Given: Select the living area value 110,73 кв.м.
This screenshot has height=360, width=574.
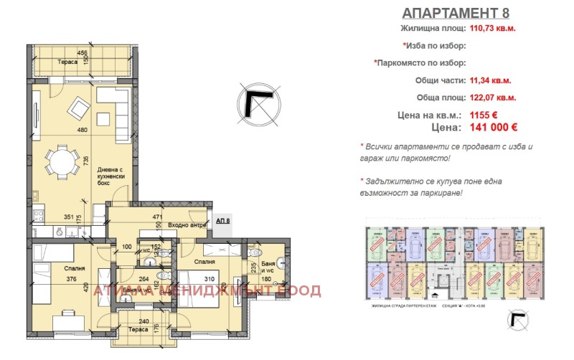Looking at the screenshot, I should click(492, 29).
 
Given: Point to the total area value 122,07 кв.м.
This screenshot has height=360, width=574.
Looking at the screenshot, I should click(492, 98).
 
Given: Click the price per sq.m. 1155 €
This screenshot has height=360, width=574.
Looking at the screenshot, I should click(484, 115).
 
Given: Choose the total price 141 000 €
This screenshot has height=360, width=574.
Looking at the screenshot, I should click(493, 128).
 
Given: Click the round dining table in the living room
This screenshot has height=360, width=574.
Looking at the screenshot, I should click(62, 161).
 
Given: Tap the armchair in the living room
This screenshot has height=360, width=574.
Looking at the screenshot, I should click(77, 109).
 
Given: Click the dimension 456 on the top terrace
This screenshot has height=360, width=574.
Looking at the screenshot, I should click(83, 53).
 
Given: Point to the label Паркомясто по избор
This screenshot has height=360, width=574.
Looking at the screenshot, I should click(420, 62).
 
